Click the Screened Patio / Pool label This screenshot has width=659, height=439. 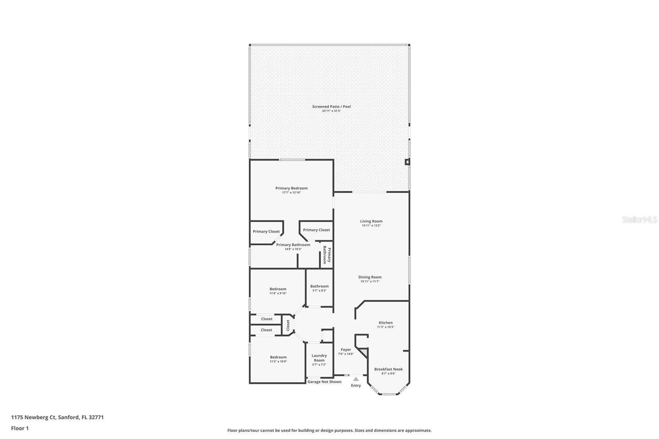click(x=331, y=107)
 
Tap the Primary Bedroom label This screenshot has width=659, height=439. click(x=291, y=188)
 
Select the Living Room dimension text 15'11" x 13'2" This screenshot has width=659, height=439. click(x=371, y=226)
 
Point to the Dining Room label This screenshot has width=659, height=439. click(x=370, y=277)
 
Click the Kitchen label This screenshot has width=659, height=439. click(x=386, y=323)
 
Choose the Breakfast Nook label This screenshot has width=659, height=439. click(x=388, y=369)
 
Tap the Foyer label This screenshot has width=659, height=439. click(x=346, y=350)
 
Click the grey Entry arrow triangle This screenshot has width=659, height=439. click(x=356, y=379)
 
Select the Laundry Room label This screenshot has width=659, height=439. click(x=319, y=358)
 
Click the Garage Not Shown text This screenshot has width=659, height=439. click(x=324, y=382)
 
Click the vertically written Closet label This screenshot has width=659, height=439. click(x=288, y=325)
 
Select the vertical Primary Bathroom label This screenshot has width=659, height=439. click(x=327, y=255)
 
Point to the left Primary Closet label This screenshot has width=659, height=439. click(x=266, y=231)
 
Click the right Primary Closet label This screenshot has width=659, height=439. click(x=316, y=230)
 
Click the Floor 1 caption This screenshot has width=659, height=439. click(x=20, y=428)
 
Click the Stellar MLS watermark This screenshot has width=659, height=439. click(x=639, y=219)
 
